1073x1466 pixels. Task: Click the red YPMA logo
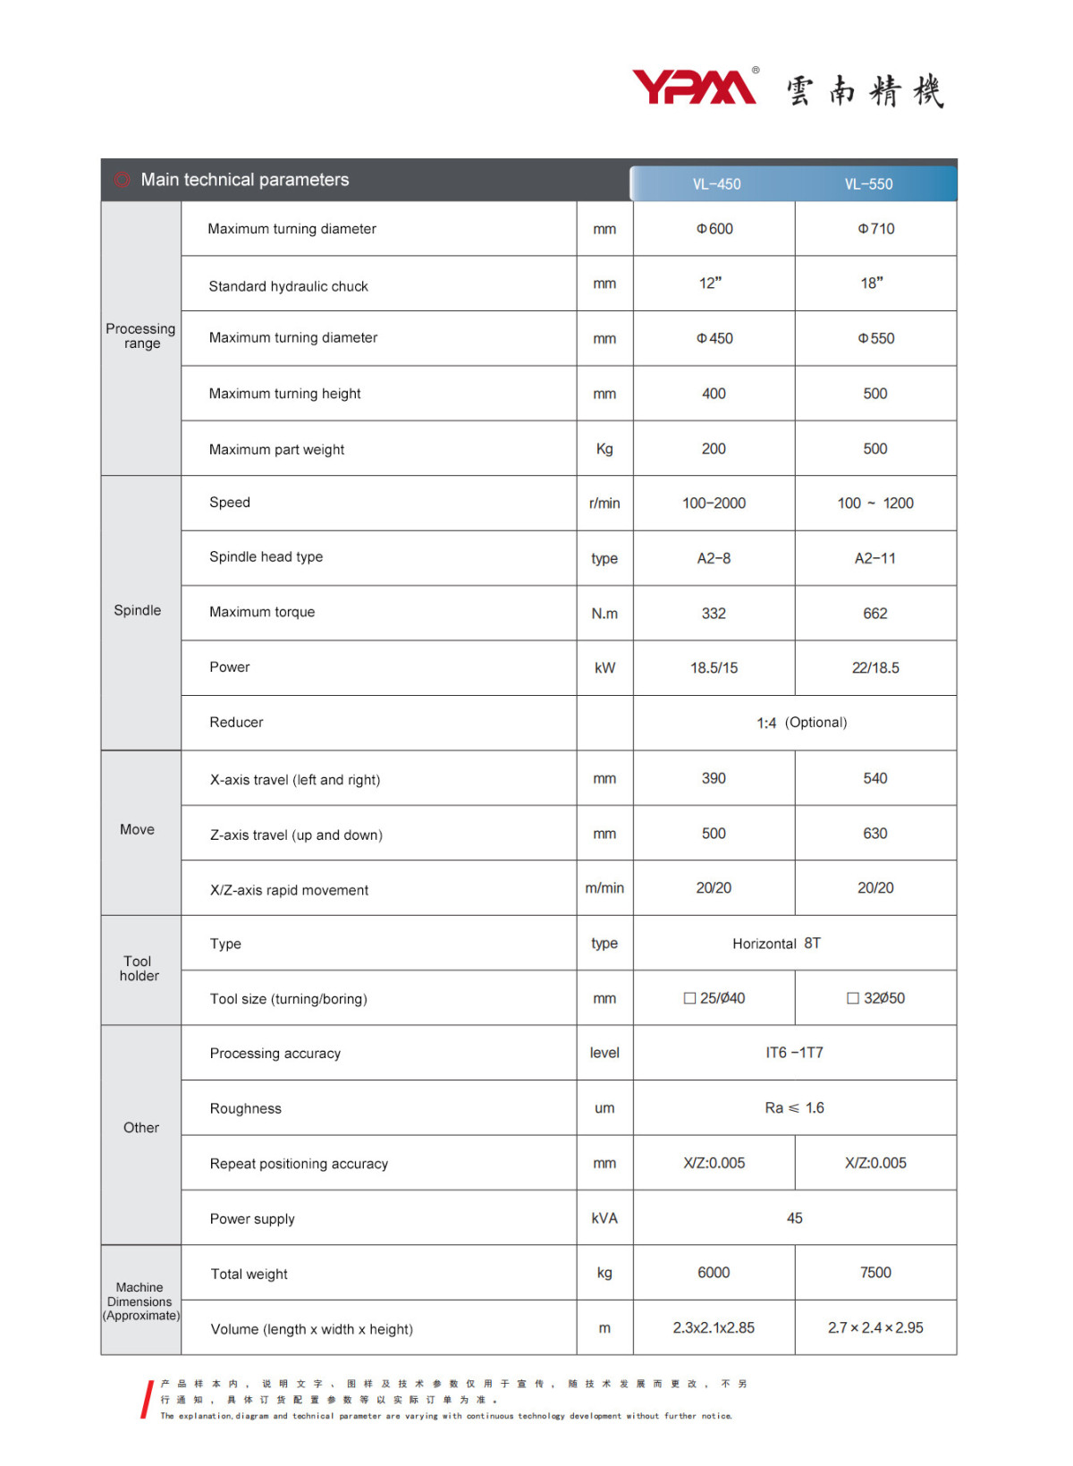[x=695, y=88]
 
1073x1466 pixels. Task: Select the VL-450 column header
[x=716, y=184]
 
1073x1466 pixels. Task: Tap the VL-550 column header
[x=868, y=184]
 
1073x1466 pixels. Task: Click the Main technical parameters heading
[x=244, y=180]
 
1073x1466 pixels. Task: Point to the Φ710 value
[x=875, y=229]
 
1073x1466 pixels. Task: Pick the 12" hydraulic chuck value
[x=710, y=284]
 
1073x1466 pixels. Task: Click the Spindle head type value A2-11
[x=874, y=558]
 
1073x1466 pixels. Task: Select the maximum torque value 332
[x=714, y=614]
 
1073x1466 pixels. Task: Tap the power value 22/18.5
[x=875, y=668]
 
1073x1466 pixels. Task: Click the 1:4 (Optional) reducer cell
[x=801, y=723]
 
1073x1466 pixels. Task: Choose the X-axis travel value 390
[x=714, y=778]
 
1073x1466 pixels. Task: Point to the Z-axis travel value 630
[x=874, y=834]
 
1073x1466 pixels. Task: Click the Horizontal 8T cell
[x=776, y=944]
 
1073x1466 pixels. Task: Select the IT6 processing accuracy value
[x=794, y=1053]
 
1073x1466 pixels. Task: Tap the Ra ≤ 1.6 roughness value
[x=794, y=1108]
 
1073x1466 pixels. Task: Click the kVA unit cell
[x=604, y=1218]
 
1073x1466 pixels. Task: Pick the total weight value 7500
[x=875, y=1273]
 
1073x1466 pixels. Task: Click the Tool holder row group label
[x=139, y=969]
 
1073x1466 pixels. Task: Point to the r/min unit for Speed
[x=604, y=504]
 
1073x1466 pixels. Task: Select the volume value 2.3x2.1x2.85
[x=714, y=1328]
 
